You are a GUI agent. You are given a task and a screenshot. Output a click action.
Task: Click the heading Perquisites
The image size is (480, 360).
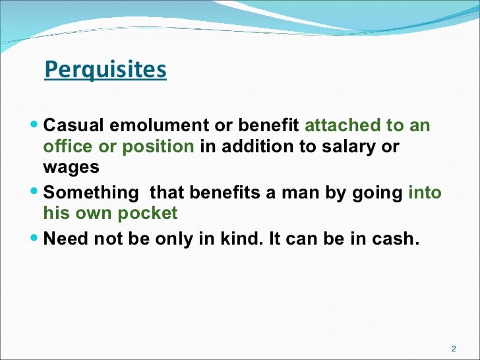[x=105, y=70]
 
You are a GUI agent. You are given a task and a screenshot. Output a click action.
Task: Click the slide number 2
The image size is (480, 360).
[x=454, y=349]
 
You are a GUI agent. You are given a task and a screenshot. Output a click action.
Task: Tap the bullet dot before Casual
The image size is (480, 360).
[x=35, y=124]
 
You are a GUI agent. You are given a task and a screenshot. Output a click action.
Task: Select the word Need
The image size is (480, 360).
[x=65, y=238]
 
